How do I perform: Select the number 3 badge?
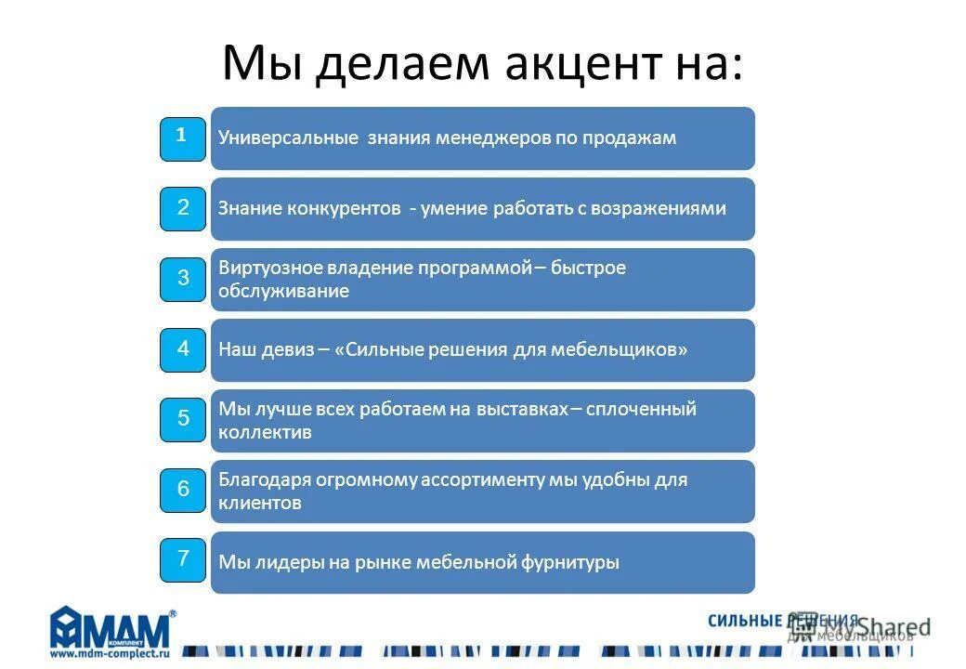(183, 279)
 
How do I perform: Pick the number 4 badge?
(183, 349)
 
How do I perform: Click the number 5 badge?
(183, 419)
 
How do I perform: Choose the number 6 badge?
(183, 490)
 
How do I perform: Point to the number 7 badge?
(183, 559)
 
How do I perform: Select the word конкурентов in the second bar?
(353, 208)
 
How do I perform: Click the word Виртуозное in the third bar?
(269, 268)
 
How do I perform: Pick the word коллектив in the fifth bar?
(265, 432)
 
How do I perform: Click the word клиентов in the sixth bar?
(260, 504)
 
